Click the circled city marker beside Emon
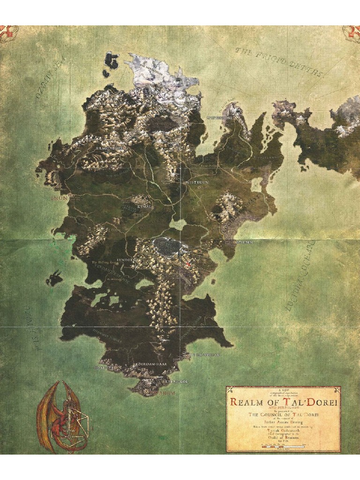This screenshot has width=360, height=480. tap(70, 195)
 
